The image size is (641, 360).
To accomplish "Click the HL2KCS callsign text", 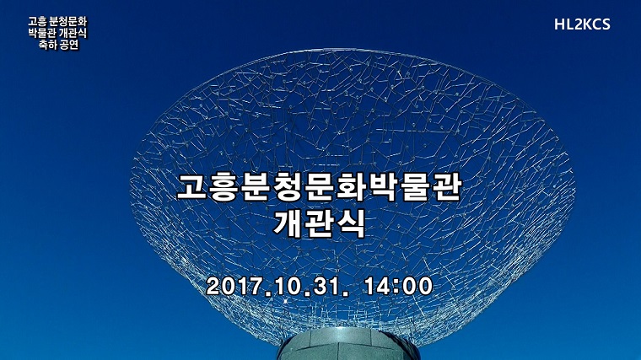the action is click(x=582, y=24).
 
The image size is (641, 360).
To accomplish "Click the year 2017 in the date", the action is click(x=234, y=286).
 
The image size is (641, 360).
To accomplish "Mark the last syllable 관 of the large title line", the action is click(x=447, y=187).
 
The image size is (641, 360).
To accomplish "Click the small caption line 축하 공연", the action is click(x=58, y=45).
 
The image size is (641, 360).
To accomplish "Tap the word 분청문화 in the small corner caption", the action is click(x=68, y=21).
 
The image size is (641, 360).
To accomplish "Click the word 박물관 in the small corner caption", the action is click(x=42, y=33).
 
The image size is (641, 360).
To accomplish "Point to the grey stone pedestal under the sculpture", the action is click(x=347, y=345).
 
